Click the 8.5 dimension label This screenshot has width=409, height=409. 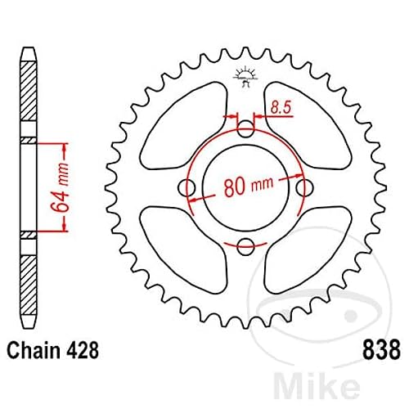coord(281,107)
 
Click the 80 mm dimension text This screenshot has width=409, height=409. coord(249,187)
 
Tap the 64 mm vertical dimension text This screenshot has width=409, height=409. coord(61,187)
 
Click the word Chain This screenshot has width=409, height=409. coord(34,350)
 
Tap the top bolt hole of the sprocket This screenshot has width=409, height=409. coord(245,128)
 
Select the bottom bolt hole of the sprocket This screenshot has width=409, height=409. coord(245,247)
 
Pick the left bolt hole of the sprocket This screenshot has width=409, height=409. coord(187,188)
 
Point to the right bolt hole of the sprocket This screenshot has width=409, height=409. coord(304,188)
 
